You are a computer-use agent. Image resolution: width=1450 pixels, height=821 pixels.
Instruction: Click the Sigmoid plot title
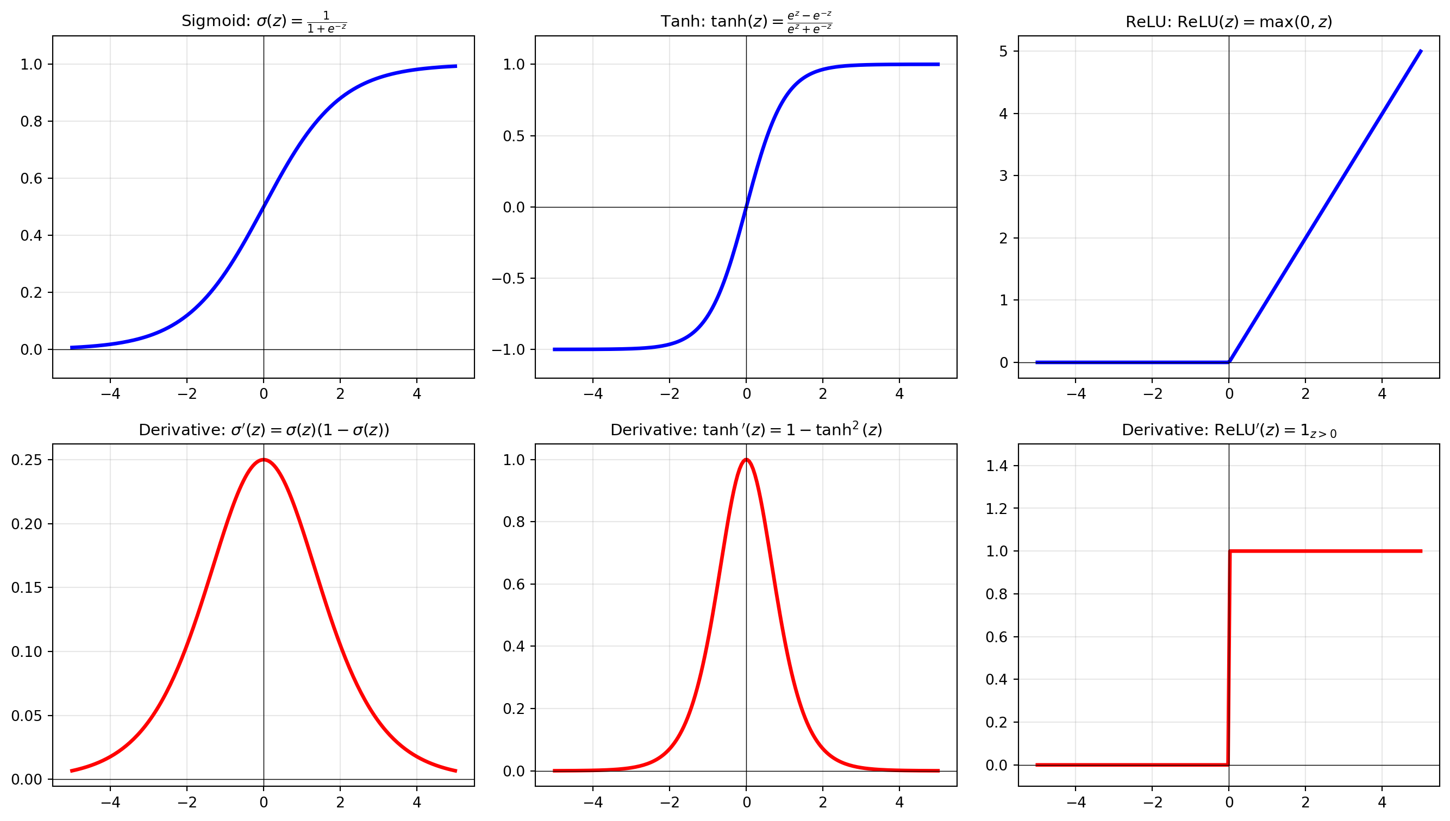[x=264, y=21]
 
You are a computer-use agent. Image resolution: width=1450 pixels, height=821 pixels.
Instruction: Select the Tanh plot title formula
[x=809, y=22]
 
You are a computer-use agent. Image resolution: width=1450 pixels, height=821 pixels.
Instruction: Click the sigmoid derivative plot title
[x=264, y=430]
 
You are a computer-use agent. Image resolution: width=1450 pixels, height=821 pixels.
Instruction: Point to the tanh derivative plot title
[x=746, y=430]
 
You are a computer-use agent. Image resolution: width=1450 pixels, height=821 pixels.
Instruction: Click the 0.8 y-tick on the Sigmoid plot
[x=31, y=121]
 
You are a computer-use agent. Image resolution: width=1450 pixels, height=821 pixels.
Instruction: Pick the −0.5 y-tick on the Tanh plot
[x=508, y=279]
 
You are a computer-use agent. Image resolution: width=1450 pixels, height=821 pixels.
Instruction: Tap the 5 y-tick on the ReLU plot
[x=1003, y=51]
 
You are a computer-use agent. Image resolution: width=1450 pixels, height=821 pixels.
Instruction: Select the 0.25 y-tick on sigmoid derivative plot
[x=27, y=460]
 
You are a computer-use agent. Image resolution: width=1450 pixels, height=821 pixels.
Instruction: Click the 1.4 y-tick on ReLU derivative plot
[x=997, y=466]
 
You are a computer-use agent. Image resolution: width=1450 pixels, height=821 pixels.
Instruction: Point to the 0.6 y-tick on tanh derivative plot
[x=514, y=584]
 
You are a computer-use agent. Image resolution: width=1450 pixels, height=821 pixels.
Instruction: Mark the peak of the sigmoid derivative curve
[x=264, y=460]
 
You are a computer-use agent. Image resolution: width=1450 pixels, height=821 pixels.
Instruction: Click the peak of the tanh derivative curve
[x=746, y=460]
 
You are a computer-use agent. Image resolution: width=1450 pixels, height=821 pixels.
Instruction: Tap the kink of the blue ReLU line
[x=1229, y=361]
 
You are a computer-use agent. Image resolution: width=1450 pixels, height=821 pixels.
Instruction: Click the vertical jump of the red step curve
[x=1229, y=657]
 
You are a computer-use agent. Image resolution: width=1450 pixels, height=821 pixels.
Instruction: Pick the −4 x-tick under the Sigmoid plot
[x=110, y=393]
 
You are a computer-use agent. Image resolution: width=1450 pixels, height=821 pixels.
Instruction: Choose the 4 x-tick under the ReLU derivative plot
[x=1381, y=802]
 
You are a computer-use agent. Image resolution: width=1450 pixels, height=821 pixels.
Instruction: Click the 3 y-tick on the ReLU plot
[x=1003, y=176]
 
